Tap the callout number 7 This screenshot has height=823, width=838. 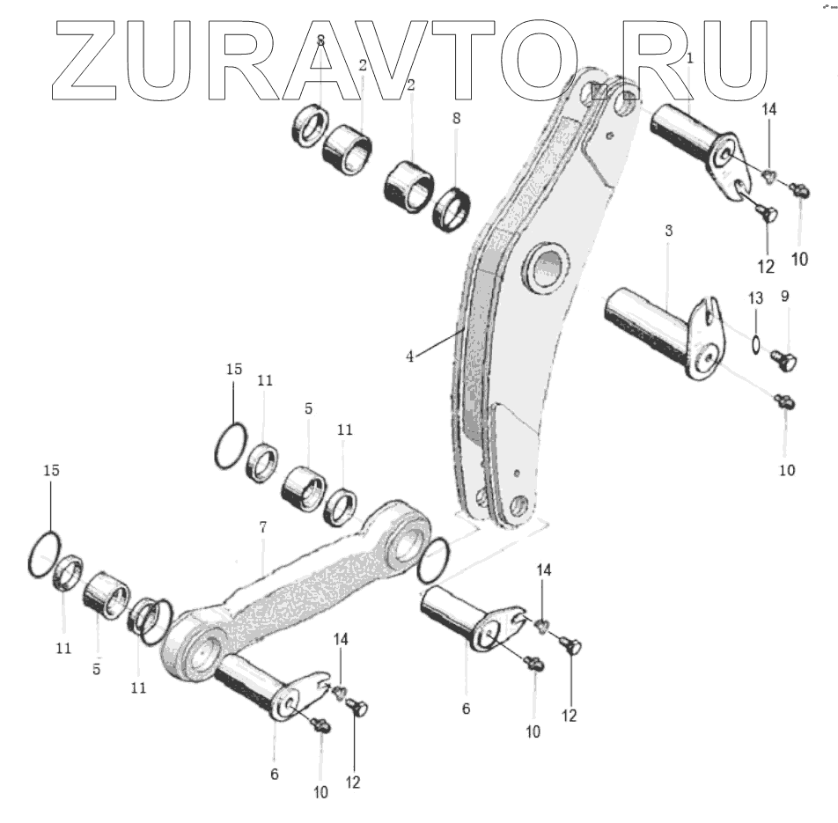262,527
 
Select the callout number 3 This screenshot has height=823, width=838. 669,231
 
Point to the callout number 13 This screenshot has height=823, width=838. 754,300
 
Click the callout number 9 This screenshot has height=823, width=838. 785,297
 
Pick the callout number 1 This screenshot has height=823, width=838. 690,59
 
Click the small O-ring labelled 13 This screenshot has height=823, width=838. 757,342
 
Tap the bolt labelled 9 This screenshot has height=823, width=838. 783,359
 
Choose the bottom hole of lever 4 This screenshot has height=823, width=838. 518,505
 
